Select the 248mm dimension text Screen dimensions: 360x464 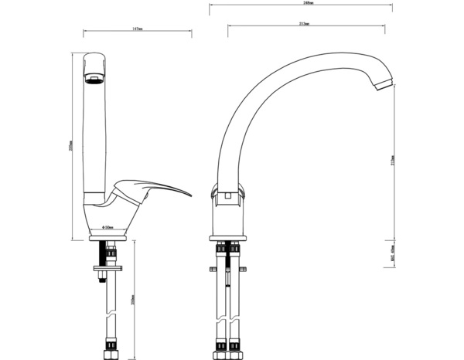click(x=303, y=4)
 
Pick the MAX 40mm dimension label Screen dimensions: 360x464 click(x=394, y=253)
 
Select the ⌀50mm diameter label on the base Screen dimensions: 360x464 click(x=109, y=227)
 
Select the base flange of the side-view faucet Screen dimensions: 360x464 click(x=229, y=236)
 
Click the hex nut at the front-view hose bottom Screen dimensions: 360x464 click(x=107, y=355)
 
